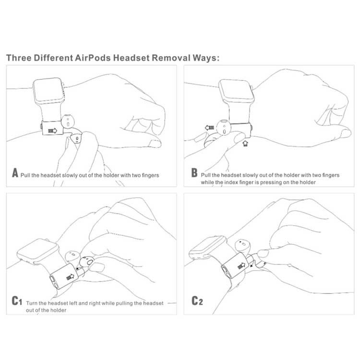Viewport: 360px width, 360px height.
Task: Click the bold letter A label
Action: (x=15, y=174)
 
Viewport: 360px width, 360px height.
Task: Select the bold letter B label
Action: (x=194, y=174)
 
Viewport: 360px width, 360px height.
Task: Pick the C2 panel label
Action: (x=197, y=301)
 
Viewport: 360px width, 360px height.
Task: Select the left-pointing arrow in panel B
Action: (x=209, y=128)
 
